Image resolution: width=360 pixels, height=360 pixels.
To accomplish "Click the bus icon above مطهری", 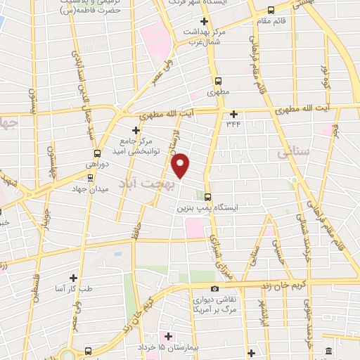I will click(218, 81).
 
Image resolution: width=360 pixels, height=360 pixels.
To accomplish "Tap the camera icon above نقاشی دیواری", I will click(214, 288).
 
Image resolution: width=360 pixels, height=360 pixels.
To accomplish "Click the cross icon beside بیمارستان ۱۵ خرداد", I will click(164, 335).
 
